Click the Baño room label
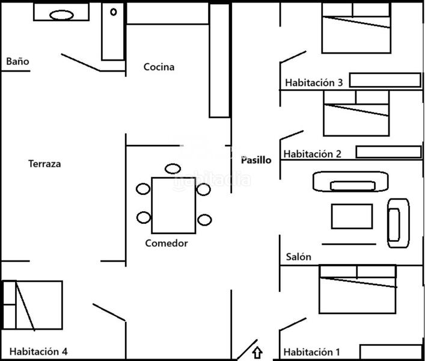(17, 61)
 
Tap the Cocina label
(159, 67)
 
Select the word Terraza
(44, 164)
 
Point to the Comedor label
(167, 243)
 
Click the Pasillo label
(256, 160)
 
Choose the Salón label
(298, 257)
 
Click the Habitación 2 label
(313, 154)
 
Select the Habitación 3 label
(314, 82)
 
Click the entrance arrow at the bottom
(258, 352)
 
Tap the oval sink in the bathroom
(61, 14)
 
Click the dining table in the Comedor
(173, 205)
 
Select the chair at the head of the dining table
(173, 168)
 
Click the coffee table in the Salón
(352, 217)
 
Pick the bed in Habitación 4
(32, 305)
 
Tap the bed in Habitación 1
(357, 289)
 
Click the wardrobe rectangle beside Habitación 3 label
(385, 80)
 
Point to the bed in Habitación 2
(356, 114)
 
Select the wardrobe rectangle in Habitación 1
(390, 351)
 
